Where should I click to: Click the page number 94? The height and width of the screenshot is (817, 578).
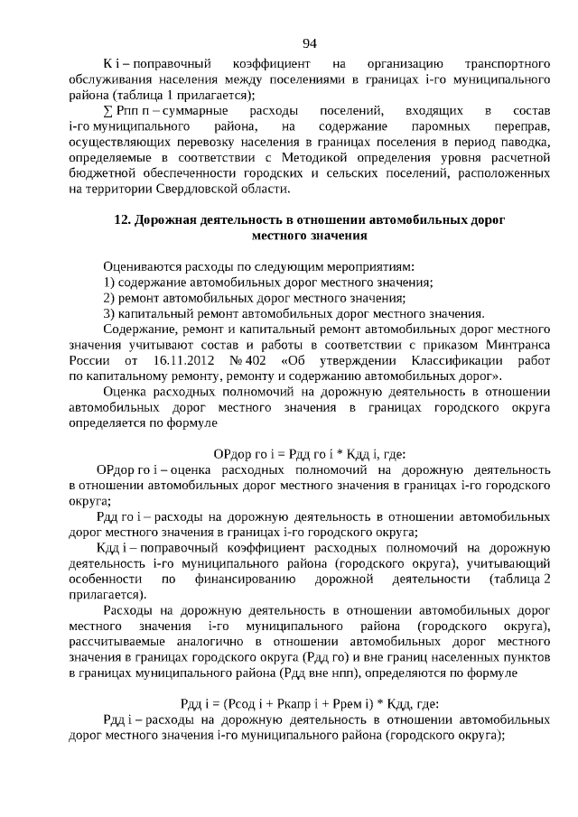pos(309,43)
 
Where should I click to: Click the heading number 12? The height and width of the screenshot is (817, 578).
pos(123,220)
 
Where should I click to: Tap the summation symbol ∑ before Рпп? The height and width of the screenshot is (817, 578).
pos(108,110)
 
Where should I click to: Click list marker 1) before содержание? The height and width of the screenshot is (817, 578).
pos(110,283)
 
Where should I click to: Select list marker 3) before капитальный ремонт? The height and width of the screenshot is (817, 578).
pos(110,314)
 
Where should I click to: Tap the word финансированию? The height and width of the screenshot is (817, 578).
pos(245,579)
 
